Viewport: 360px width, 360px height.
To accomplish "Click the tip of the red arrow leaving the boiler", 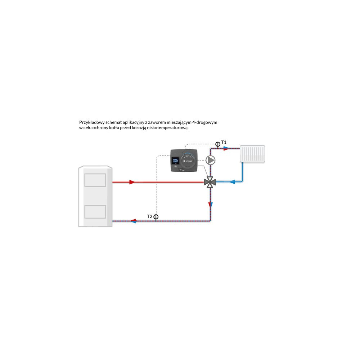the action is point(135,182).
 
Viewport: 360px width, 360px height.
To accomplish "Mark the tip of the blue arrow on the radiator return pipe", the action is point(229,182).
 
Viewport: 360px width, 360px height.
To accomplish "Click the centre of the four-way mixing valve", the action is point(210,182).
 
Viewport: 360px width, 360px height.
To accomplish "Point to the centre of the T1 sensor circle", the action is point(218,144).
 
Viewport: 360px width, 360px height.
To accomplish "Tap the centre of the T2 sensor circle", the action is point(156,217).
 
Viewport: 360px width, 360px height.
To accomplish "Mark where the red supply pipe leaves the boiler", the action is point(112,182).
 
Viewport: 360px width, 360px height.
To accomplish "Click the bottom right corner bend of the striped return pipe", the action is point(210,221).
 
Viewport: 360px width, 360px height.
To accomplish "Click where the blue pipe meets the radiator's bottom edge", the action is point(242,162).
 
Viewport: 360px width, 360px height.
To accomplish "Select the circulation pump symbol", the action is point(210,160).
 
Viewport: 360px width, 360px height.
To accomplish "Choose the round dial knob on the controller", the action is point(188,161).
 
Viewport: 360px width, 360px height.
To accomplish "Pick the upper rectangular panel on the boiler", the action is point(95,180).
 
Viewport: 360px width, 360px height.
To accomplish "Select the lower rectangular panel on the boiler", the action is point(95,212).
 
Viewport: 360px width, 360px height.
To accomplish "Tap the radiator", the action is point(252,154).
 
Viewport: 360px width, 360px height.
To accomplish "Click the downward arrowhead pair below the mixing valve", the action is point(210,205).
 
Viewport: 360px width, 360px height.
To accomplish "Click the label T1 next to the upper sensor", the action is point(224,142).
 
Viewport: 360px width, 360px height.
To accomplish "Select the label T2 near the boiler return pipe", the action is point(149,216).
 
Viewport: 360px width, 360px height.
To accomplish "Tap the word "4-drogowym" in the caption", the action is point(205,122).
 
